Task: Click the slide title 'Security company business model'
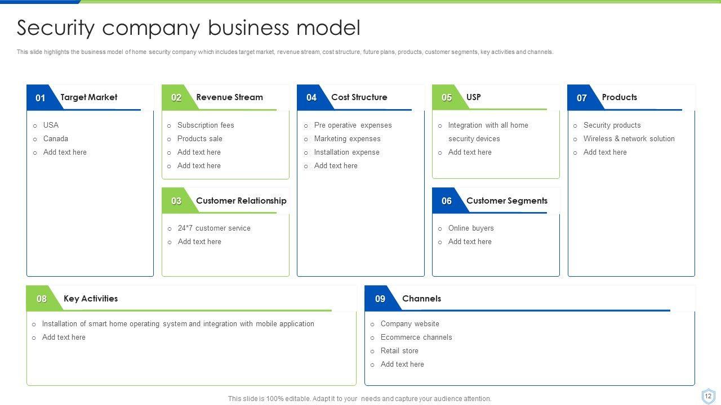click(188, 28)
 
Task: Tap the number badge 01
click(41, 98)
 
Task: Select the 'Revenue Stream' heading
click(229, 97)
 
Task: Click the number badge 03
click(176, 201)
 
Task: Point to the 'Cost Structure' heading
click(359, 97)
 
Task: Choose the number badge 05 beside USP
click(447, 98)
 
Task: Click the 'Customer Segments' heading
click(506, 201)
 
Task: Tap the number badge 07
click(582, 98)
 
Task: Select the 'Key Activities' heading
click(91, 299)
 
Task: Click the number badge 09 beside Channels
click(380, 299)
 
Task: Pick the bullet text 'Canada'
click(56, 139)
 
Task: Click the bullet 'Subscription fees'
click(206, 125)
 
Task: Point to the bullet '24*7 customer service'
click(214, 228)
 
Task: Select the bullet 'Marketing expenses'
click(347, 139)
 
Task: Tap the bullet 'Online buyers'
click(471, 228)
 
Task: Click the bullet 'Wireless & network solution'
click(629, 139)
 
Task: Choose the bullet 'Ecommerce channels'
click(416, 337)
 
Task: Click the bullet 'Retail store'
click(399, 351)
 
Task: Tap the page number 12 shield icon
click(708, 396)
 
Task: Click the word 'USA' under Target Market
click(51, 125)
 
